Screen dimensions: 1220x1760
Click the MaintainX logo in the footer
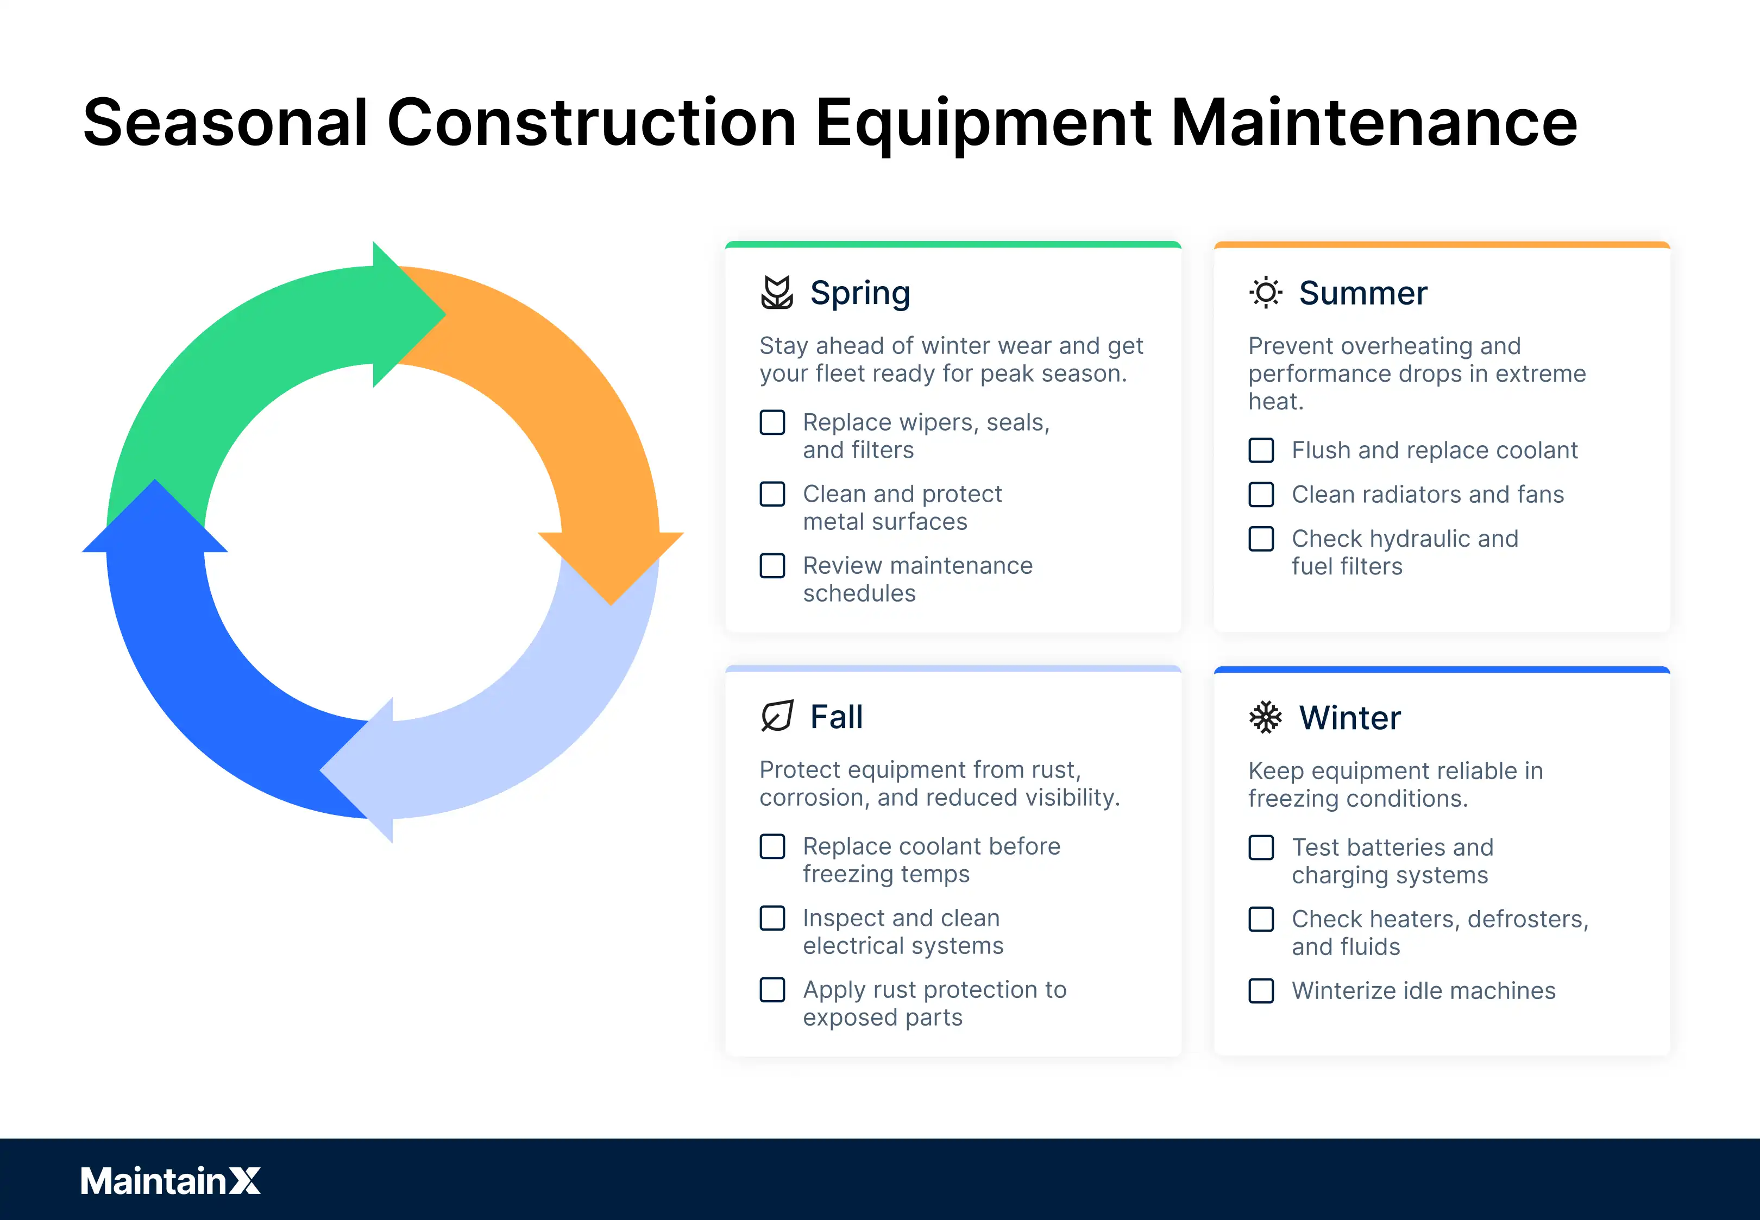169,1180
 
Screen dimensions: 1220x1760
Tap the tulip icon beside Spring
777,293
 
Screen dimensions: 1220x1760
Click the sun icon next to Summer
1265,293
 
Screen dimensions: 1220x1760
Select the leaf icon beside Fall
777,716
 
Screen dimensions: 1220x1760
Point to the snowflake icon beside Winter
1265,717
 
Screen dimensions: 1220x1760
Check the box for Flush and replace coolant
1261,450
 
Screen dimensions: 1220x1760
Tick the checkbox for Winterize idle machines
1261,991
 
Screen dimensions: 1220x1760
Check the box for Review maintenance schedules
772,566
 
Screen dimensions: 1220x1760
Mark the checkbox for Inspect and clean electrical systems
772,918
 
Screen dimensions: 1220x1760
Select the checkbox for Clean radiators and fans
1261,495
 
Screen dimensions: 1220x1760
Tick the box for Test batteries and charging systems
1261,847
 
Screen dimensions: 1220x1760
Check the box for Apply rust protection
772,990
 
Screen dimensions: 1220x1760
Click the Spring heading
860,293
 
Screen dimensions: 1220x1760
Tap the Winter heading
1349,717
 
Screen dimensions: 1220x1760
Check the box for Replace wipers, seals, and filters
772,422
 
